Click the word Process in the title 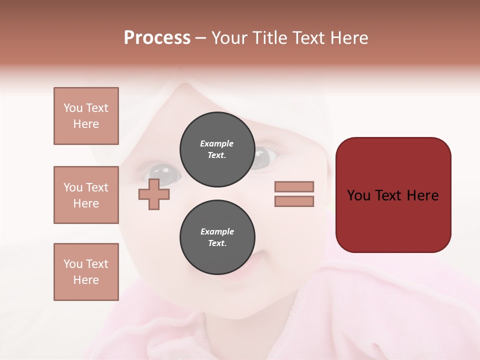pyautogui.click(x=157, y=38)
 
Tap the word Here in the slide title pyautogui.click(x=347, y=38)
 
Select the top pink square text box pyautogui.click(x=86, y=116)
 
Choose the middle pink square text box pyautogui.click(x=86, y=195)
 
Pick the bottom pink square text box pyautogui.click(x=86, y=272)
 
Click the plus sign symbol pyautogui.click(x=154, y=194)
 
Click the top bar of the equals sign pyautogui.click(x=294, y=186)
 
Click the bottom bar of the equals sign pyautogui.click(x=294, y=201)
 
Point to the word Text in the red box pyautogui.click(x=388, y=195)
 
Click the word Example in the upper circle pyautogui.click(x=216, y=143)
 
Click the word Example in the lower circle pyautogui.click(x=217, y=231)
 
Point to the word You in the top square pyautogui.click(x=73, y=108)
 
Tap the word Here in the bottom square pyautogui.click(x=86, y=280)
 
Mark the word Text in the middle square pyautogui.click(x=96, y=187)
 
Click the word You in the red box pyautogui.click(x=358, y=195)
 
